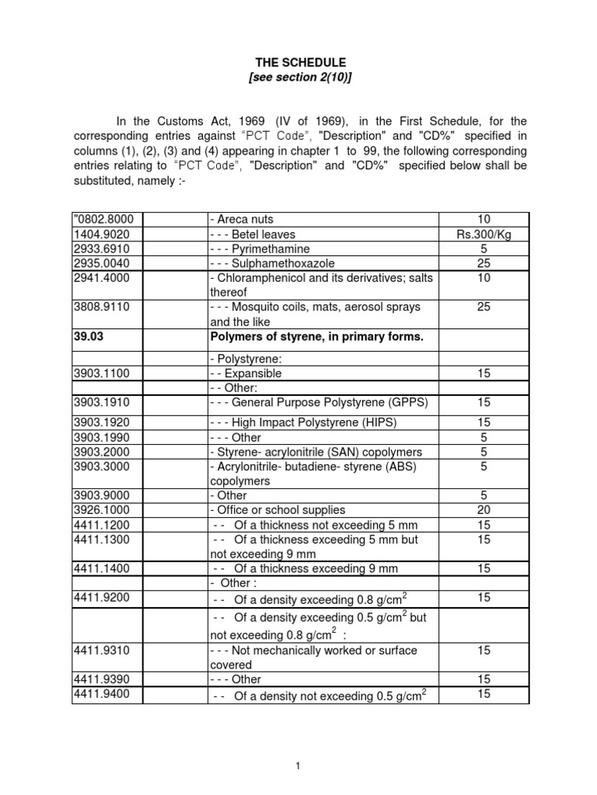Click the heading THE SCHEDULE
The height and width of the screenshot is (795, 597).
[x=299, y=61]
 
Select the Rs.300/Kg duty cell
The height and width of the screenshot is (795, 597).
[x=484, y=234]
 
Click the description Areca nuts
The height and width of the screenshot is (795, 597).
[x=242, y=220]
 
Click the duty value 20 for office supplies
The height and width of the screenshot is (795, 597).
[x=484, y=510]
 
